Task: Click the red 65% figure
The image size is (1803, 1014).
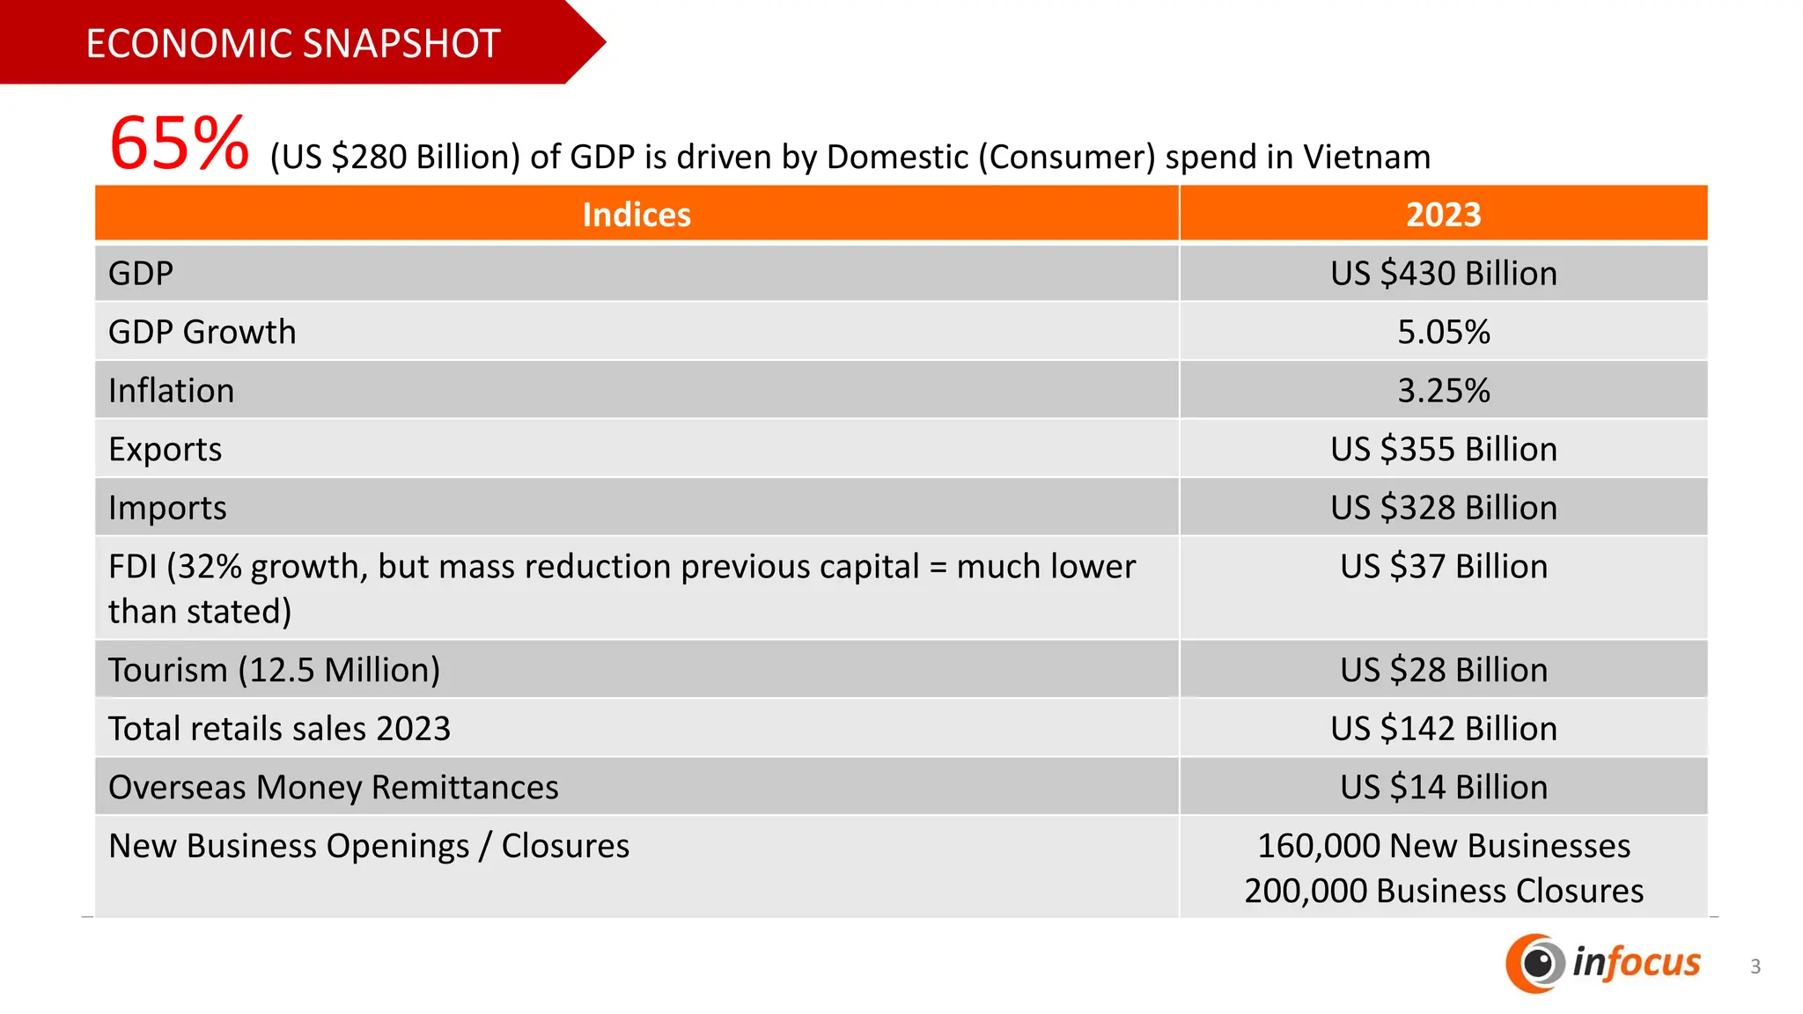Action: click(x=179, y=143)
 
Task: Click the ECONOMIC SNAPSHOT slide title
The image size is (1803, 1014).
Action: click(x=292, y=43)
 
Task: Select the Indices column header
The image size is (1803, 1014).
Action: click(x=637, y=215)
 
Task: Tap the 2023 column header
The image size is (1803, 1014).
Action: click(x=1443, y=215)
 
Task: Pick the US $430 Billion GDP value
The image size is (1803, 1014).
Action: click(x=1443, y=274)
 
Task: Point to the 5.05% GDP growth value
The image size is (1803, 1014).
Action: click(x=1443, y=333)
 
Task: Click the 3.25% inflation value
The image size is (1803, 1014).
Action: click(x=1443, y=391)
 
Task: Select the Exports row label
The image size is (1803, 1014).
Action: click(x=166, y=450)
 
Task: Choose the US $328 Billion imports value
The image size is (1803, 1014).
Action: click(x=1443, y=508)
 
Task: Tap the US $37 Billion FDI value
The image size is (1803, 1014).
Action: click(x=1443, y=567)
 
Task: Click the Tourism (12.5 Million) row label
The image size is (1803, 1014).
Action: click(x=274, y=670)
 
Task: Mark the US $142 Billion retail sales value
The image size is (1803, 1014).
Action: click(x=1443, y=729)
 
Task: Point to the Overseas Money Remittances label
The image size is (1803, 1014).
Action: click(x=333, y=787)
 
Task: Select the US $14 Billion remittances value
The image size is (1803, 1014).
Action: click(x=1443, y=787)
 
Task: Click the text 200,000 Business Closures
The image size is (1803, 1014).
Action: click(x=1443, y=891)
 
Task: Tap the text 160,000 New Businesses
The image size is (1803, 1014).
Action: click(x=1443, y=846)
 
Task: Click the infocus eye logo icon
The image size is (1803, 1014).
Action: click(x=1535, y=963)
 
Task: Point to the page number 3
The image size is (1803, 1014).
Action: click(x=1755, y=966)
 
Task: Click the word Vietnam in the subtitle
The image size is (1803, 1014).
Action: click(x=1366, y=157)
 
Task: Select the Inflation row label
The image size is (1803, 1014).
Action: click(x=171, y=391)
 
